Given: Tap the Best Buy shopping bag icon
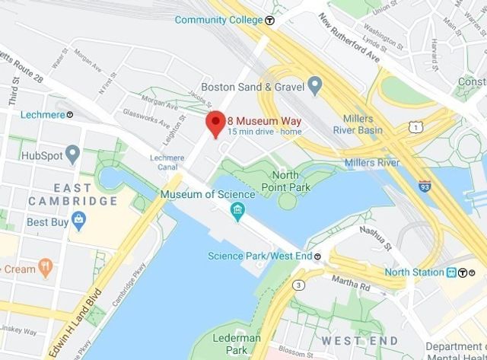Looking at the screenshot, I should pos(78,221).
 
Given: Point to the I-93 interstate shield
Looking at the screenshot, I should pos(425,185).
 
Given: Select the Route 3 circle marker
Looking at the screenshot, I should pos(299,285).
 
